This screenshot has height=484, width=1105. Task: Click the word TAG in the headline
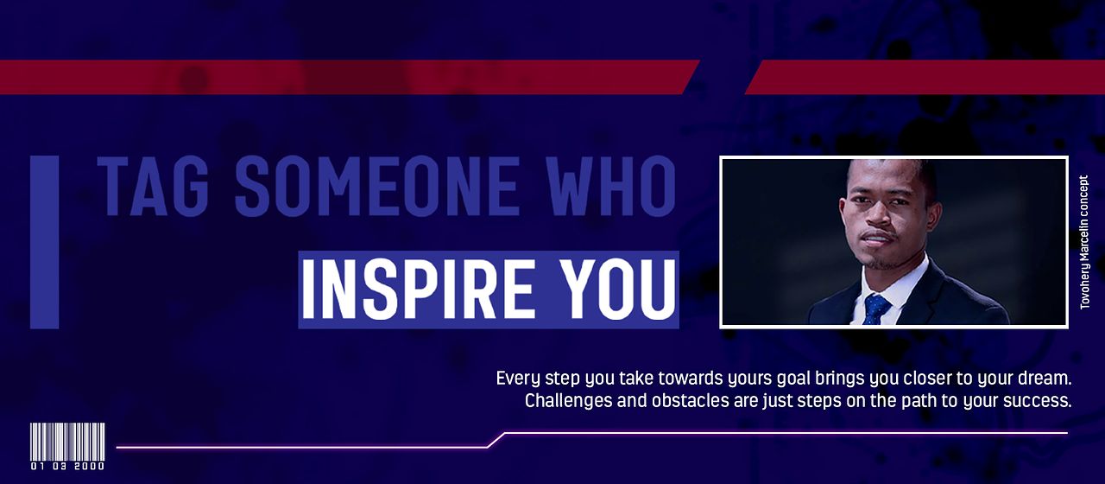[153, 186]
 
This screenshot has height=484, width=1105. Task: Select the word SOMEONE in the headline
[377, 186]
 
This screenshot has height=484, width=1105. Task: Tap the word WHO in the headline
[609, 186]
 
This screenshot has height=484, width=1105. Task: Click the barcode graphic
[67, 442]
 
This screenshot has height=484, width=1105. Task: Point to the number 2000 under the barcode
[89, 466]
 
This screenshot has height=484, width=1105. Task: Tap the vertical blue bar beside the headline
[44, 242]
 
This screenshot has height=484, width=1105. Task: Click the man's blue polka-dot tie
[876, 309]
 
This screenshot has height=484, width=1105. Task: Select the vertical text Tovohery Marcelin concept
[1083, 242]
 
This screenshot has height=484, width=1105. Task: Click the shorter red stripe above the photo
[925, 77]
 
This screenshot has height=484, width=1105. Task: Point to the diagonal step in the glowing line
[496, 440]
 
